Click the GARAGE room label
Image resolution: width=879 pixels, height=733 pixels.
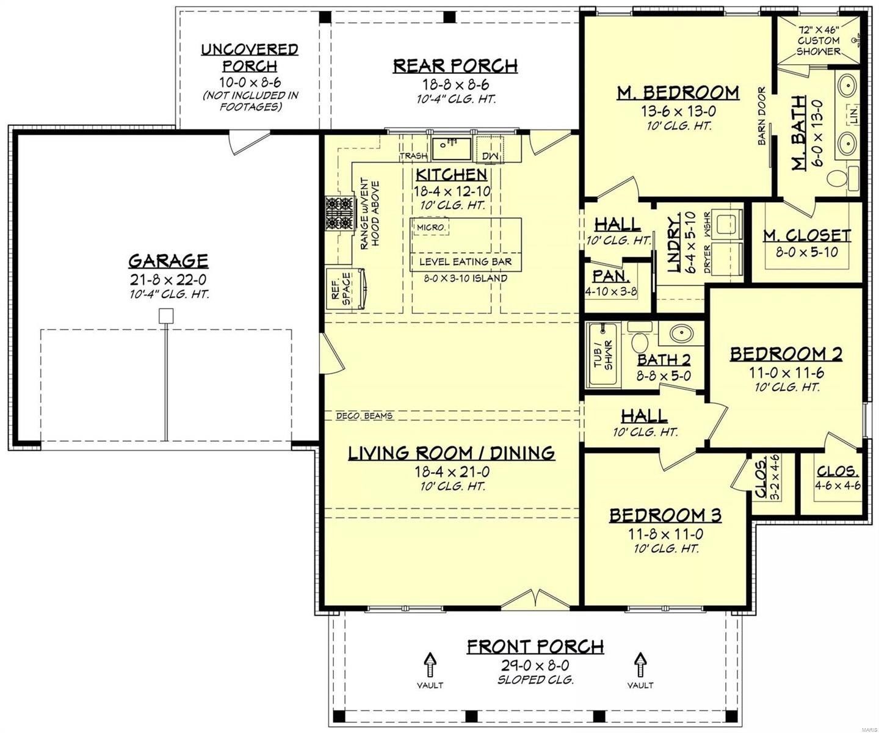point(168,261)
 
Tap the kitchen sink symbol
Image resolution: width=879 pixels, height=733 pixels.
point(451,148)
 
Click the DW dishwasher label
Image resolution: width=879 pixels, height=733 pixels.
point(490,157)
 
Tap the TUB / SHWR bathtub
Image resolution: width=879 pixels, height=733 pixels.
point(603,356)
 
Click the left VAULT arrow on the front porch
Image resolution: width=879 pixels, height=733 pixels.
point(430,663)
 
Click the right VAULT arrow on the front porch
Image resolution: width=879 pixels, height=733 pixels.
point(640,663)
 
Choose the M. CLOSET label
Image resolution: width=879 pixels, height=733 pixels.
point(807,235)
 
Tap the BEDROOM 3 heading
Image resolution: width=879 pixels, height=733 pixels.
point(665,516)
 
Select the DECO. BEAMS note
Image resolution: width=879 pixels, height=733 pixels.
point(364,416)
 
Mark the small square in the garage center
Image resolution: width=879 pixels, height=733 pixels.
point(166,316)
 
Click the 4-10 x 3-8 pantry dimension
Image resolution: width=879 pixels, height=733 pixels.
point(611,291)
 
